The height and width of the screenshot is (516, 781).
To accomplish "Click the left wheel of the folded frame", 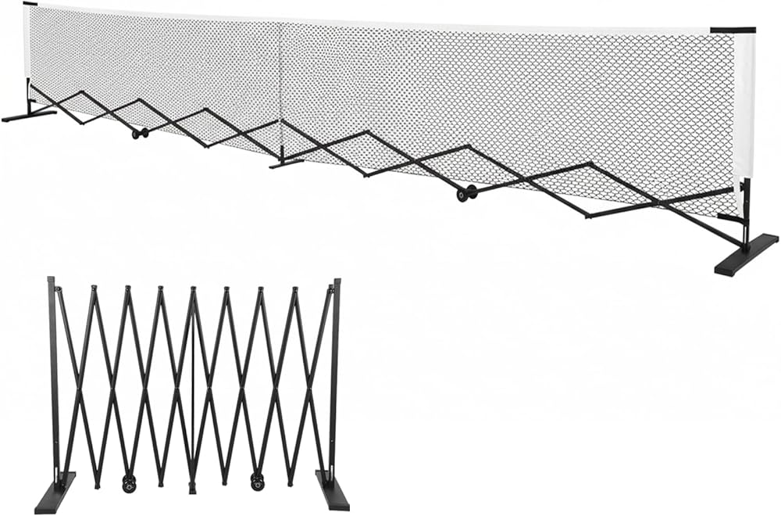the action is pos(128,483).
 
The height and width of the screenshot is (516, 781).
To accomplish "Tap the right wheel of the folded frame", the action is pos(257,482).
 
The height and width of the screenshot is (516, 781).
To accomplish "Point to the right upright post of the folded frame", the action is pos(337,375).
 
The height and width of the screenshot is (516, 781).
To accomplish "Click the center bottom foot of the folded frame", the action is pos(192,489).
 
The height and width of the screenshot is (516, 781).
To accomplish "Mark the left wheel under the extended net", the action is pos(140,134).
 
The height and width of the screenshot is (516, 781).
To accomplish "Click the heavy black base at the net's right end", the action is pos(745,254).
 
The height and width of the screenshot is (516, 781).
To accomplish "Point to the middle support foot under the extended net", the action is pos(286,163).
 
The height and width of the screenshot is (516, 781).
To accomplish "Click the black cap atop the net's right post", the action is pos(733,30).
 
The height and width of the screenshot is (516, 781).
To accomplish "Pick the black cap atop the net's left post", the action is pos(30,4).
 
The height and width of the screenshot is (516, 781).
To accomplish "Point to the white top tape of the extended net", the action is pos(390,18).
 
